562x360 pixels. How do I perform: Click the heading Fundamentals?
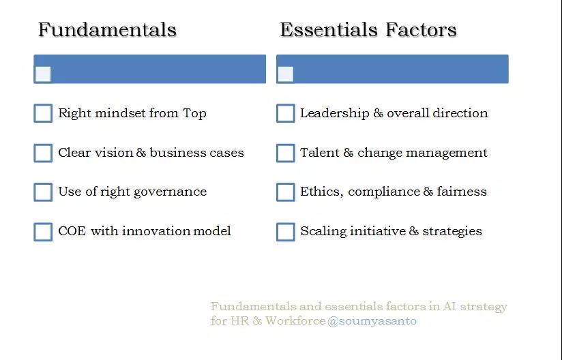point(107,29)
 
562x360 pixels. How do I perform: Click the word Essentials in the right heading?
point(328,29)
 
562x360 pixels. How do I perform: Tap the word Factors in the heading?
point(421,29)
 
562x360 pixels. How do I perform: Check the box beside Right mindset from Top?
point(43,113)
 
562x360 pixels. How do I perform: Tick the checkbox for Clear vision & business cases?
point(43,153)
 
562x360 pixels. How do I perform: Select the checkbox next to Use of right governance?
point(43,192)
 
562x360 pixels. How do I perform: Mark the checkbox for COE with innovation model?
point(43,232)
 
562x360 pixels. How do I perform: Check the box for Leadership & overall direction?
point(286,113)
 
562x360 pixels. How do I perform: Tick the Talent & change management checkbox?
point(286,153)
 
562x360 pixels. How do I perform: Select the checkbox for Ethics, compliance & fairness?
point(286,192)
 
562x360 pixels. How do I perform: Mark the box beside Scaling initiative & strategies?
point(286,232)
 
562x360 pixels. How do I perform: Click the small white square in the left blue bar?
point(43,74)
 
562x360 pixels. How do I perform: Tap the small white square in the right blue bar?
point(286,74)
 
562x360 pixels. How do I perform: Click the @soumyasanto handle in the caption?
point(372,321)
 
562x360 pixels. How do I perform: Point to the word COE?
point(72,231)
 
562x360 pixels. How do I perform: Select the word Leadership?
point(335,114)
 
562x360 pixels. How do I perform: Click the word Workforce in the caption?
point(295,320)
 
